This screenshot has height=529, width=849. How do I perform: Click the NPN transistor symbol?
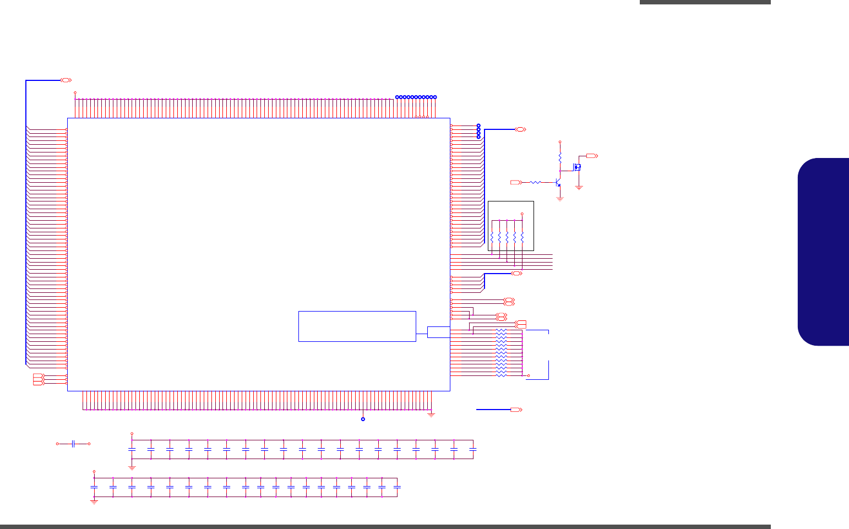558,182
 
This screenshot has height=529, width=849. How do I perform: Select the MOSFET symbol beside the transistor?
578,167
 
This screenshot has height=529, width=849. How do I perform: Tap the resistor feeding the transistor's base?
535,182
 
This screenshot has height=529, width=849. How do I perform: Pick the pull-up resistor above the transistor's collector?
560,157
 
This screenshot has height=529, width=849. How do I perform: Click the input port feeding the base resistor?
516,182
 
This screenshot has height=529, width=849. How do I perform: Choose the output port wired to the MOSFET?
592,156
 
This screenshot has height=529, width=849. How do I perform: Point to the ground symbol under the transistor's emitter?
560,199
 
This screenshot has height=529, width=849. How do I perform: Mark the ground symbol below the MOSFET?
579,188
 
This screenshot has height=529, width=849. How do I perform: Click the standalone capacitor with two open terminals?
73,444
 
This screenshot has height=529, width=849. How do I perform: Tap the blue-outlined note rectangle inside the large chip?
357,326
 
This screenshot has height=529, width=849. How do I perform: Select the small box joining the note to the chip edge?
438,332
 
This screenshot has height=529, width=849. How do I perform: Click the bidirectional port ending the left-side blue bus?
66,80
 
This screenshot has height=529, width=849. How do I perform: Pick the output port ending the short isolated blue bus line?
516,410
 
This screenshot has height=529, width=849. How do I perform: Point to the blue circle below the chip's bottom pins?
363,419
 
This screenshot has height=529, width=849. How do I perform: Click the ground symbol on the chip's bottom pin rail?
431,414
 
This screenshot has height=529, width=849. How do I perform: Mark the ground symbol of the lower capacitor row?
94,502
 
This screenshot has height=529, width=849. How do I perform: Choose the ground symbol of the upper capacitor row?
132,467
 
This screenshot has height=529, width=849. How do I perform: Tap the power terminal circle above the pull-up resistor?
560,141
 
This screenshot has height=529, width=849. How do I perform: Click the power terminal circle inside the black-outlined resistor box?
522,214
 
